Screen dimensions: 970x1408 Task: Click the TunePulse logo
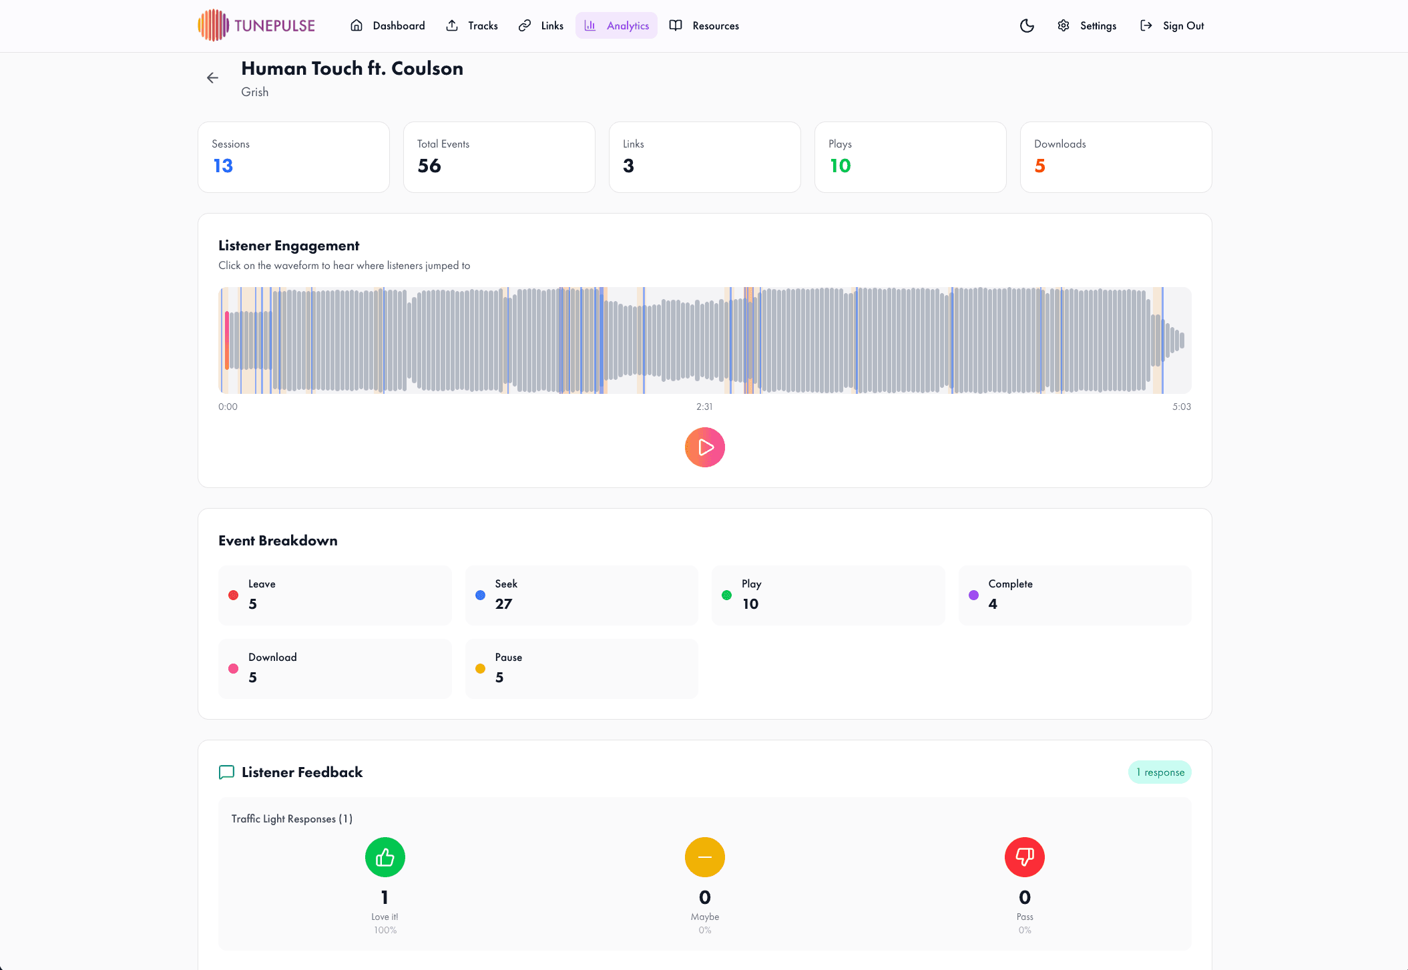point(256,25)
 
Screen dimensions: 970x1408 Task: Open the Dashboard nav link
point(388,25)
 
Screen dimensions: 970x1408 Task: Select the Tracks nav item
point(472,25)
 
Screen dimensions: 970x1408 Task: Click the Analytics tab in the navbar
point(616,25)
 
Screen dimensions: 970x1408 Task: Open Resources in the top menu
point(704,25)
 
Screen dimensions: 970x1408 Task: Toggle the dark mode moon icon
point(1027,25)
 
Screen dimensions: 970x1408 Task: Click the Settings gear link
point(1087,25)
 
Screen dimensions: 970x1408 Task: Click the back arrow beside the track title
point(212,78)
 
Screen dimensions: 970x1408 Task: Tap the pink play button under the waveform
point(704,447)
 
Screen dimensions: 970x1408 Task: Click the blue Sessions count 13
point(223,166)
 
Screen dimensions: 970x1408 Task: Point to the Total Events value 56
point(429,166)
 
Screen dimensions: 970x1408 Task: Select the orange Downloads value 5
point(1039,166)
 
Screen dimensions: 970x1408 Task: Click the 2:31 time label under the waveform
point(704,407)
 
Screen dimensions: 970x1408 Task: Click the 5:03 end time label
point(1181,407)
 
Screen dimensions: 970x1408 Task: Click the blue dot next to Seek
point(480,595)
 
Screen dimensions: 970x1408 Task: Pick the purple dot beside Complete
point(973,595)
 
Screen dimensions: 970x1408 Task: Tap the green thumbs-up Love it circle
point(385,857)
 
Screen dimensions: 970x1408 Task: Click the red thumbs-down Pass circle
point(1024,857)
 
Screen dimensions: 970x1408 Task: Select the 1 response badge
point(1160,772)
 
